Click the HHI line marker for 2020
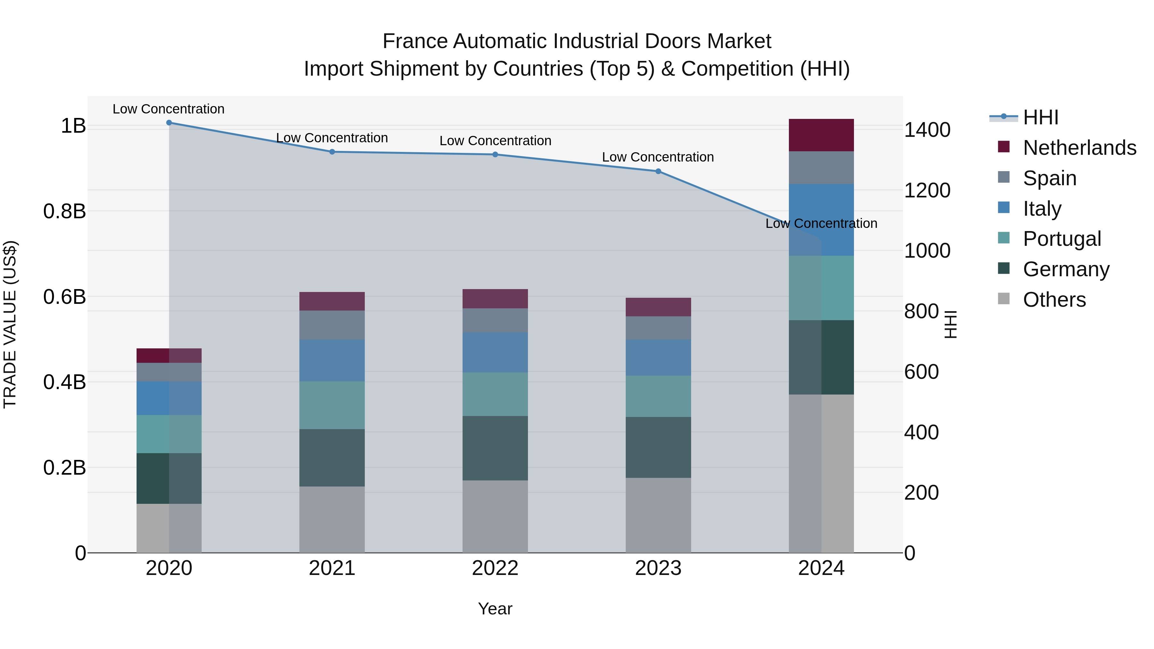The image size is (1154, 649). point(169,123)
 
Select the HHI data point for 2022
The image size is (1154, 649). point(495,154)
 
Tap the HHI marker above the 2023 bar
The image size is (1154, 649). point(658,171)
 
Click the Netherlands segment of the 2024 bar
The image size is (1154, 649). point(821,135)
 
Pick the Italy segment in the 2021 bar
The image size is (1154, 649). point(332,361)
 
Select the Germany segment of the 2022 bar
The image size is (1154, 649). point(495,448)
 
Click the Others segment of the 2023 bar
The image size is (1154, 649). point(658,515)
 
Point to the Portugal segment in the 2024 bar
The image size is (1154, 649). point(821,288)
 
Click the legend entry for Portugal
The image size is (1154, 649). point(1062,239)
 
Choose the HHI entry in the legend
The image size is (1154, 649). point(1040,117)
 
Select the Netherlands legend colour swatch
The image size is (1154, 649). point(1004,147)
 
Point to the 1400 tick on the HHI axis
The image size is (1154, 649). point(927,130)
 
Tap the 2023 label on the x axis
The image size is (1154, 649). point(658,568)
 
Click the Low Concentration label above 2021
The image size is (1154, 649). point(332,138)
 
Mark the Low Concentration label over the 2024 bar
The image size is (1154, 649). point(821,223)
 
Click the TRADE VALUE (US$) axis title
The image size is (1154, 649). point(10,324)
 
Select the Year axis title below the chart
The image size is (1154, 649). point(495,609)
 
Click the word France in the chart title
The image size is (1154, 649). point(415,41)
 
